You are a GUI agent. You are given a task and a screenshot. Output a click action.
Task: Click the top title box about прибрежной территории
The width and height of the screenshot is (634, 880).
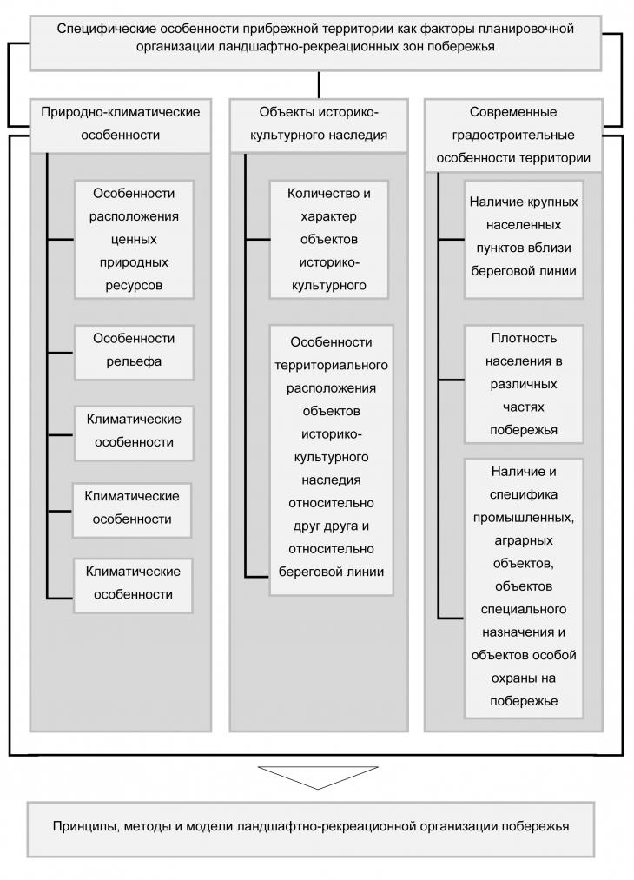pos(315,43)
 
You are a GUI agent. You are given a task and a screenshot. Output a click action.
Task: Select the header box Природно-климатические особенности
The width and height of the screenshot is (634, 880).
pos(120,126)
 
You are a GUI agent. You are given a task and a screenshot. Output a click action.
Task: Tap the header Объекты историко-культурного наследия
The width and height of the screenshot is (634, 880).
pos(319,126)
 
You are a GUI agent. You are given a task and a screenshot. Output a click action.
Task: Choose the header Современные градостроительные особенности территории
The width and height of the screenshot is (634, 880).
pos(513,136)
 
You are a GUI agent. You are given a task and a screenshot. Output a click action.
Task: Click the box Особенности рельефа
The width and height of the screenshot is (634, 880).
pos(134,353)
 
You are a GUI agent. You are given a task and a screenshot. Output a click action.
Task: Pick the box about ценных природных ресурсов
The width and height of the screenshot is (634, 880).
pos(134,240)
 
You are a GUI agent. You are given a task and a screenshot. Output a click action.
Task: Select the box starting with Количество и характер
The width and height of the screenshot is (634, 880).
pos(329,240)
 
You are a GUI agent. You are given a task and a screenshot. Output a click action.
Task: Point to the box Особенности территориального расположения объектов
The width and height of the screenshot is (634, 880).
pos(331,460)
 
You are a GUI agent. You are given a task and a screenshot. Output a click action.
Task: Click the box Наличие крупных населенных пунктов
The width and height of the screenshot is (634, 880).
pos(524,240)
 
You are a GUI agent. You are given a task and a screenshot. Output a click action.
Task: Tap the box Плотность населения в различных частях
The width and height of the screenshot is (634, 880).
pos(524,385)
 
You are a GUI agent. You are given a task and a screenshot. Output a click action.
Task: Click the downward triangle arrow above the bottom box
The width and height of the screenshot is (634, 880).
pos(318,777)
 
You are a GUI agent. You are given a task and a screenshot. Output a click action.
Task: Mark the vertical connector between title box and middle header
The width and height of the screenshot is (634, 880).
pos(319,85)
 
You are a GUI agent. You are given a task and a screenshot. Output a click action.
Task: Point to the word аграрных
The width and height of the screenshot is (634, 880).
pos(524,540)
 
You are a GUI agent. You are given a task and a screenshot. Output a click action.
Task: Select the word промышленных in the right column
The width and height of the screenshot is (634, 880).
pos(524,518)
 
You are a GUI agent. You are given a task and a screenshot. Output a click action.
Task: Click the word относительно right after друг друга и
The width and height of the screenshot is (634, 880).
pos(331,549)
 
